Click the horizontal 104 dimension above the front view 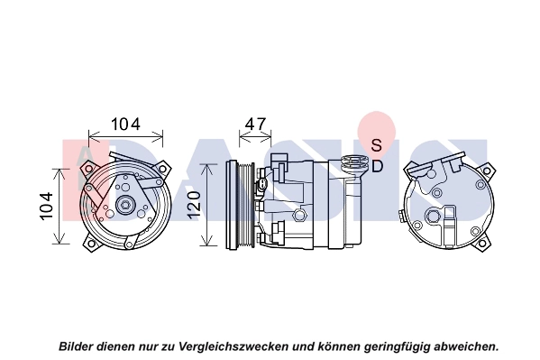(125, 125)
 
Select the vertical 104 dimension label (46, 206)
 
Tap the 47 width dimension (255, 124)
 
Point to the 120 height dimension (194, 204)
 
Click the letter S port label (377, 145)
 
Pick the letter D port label (378, 167)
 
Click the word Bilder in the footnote (76, 346)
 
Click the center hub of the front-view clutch (125, 206)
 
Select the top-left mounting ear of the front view (87, 169)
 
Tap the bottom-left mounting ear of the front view (90, 243)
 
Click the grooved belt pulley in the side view (240, 205)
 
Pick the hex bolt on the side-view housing (299, 216)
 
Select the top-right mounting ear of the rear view (486, 171)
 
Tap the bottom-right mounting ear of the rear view (483, 243)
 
